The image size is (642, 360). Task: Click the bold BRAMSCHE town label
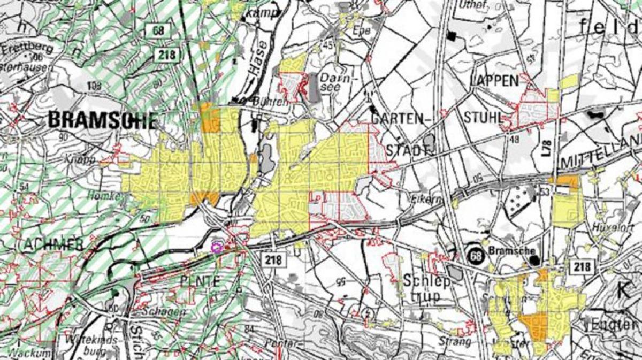(x=103, y=120)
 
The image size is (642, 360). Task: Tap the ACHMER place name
(x=53, y=244)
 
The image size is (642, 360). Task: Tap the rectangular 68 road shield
(x=159, y=30)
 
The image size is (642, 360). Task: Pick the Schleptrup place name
(x=422, y=288)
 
